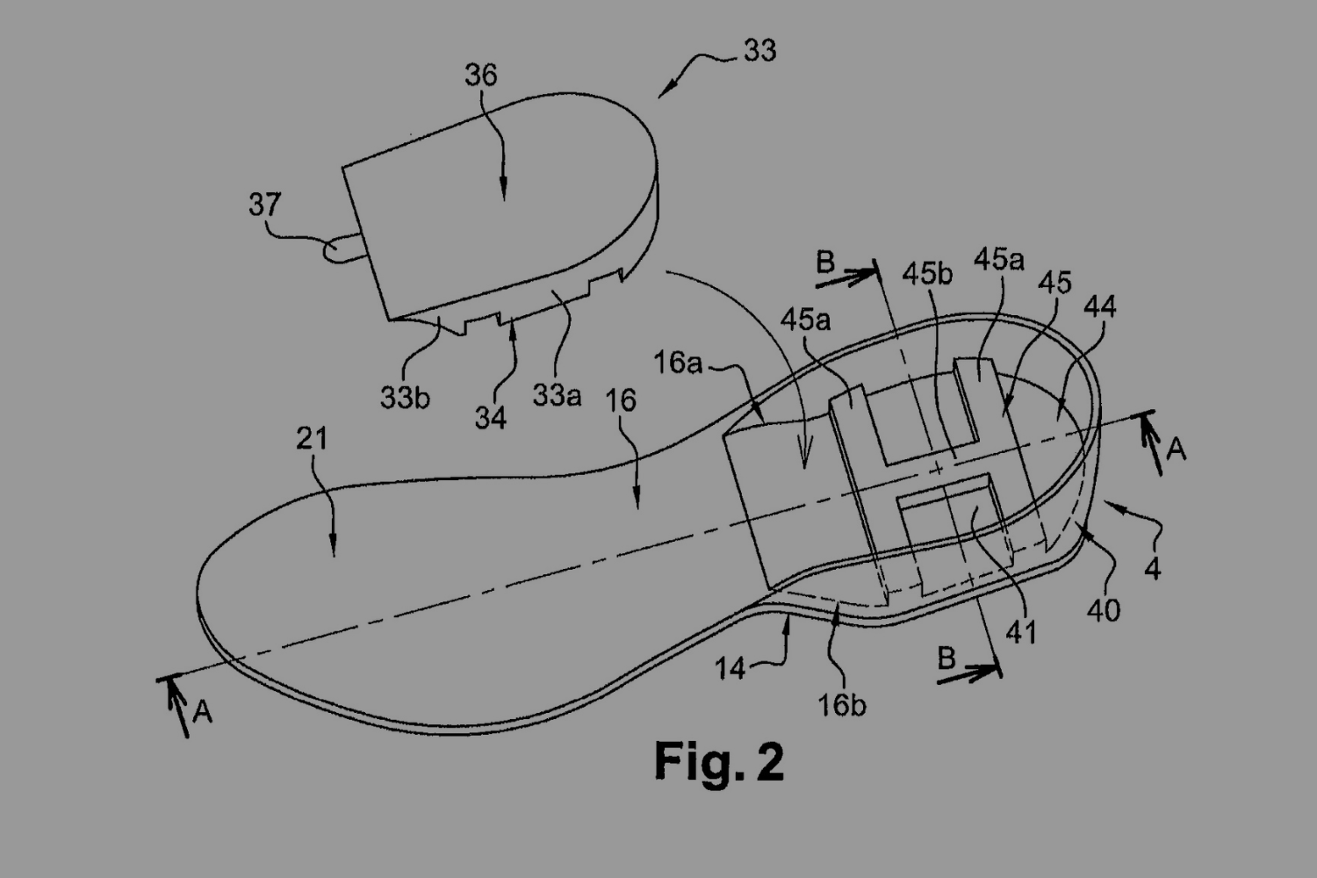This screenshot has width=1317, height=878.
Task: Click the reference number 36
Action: point(481,76)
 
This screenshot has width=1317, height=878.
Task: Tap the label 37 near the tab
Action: point(264,205)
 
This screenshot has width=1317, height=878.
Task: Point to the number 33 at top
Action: point(759,51)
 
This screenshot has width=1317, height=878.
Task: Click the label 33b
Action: point(405,398)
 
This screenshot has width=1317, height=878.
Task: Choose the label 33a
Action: point(557,396)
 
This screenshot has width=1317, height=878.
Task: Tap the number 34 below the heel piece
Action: point(491,417)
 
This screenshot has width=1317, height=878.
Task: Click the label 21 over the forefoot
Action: point(312,437)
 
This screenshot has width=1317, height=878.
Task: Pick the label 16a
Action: point(678,362)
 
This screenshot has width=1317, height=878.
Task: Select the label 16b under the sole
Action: point(842,705)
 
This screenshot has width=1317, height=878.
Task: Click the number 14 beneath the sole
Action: point(730,669)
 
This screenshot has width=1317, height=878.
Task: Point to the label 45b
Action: point(927,275)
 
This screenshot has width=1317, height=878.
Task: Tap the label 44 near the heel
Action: point(1100,306)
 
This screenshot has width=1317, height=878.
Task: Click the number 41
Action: point(1021,631)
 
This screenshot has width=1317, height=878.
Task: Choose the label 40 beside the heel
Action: point(1104,610)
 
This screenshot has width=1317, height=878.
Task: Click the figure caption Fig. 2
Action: point(719,761)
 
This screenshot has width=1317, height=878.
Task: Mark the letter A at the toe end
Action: point(203,711)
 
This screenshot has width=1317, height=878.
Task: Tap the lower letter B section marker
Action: point(946,658)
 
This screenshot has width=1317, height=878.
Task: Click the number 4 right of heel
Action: point(1153,569)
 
